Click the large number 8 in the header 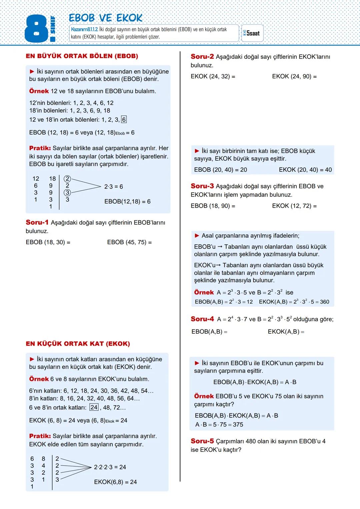36,30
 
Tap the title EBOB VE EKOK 105,18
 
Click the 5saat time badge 252,33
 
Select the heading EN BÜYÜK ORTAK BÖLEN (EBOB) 82,56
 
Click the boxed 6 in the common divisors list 124,120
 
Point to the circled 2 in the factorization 67,179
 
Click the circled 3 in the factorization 67,193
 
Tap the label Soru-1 37,222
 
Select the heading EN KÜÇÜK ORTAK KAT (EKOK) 78,344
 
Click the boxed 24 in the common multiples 94,407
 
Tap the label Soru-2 202,57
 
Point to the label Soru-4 202,319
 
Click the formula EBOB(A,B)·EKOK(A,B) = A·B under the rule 255,382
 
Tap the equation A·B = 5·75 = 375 219,425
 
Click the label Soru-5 202,441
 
